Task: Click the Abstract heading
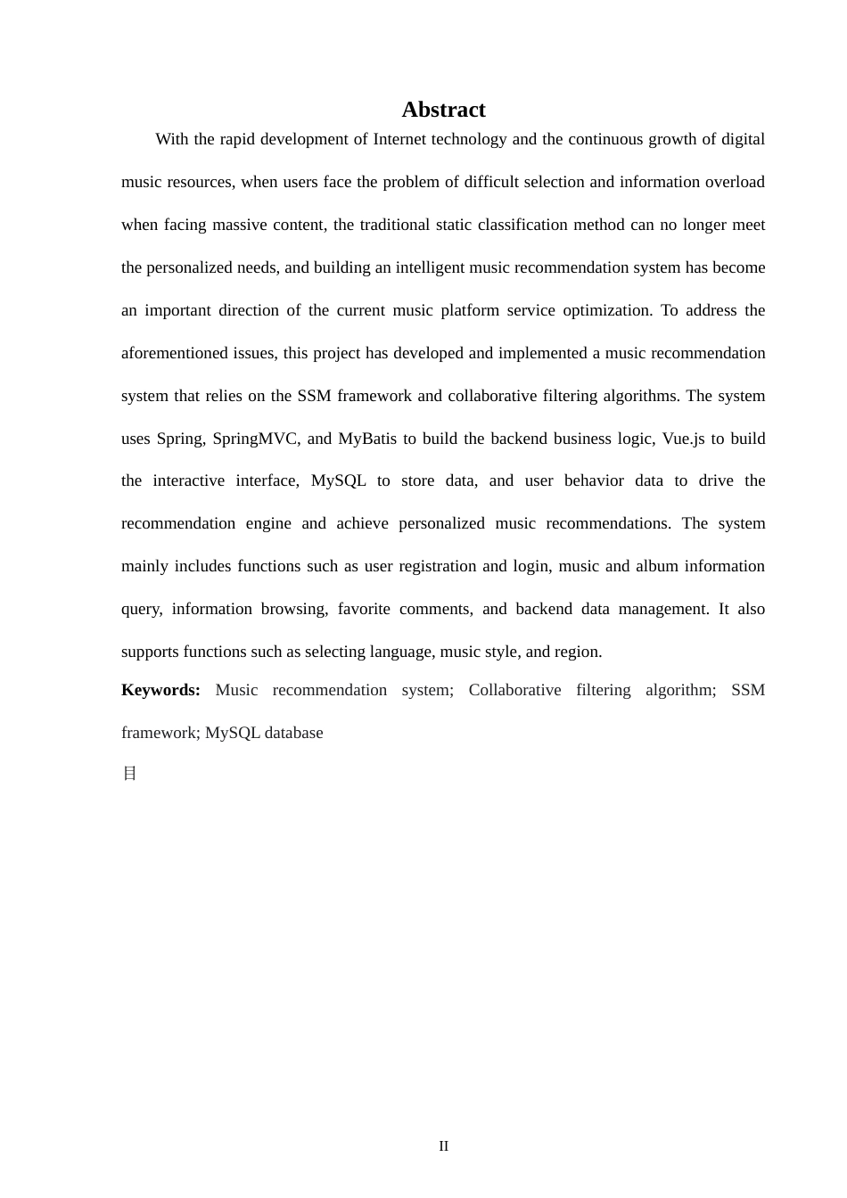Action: click(x=443, y=110)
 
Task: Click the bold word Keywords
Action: click(x=160, y=690)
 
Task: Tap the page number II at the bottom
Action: click(x=443, y=1146)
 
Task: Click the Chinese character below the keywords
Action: click(x=129, y=774)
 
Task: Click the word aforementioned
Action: click(x=175, y=353)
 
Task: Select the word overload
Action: click(x=735, y=182)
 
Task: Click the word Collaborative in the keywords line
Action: click(x=514, y=690)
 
